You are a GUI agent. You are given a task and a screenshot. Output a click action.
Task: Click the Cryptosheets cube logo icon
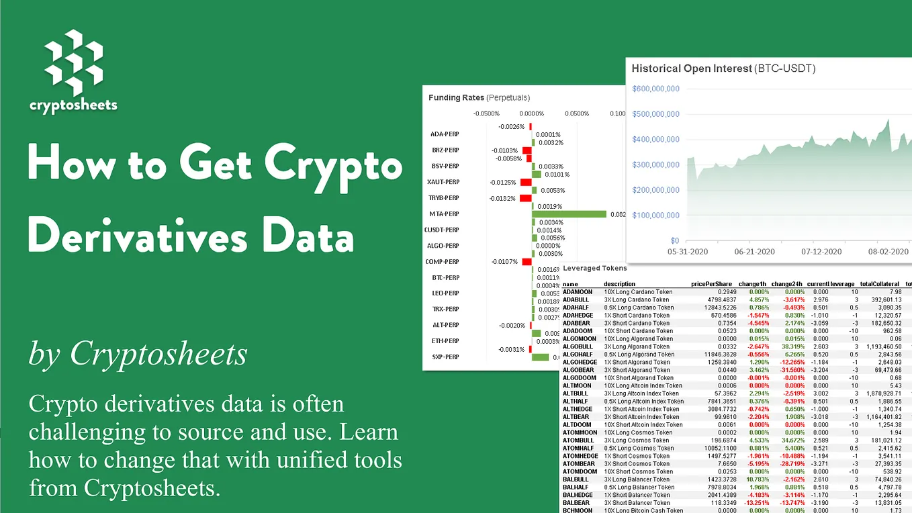pos(73,62)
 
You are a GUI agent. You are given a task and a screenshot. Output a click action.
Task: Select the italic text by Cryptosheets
pos(138,354)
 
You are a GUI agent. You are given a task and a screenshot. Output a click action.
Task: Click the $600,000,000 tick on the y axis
pos(655,89)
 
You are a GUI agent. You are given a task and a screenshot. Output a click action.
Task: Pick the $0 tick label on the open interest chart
pos(674,240)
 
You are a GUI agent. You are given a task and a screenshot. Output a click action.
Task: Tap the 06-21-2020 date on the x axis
pos(755,252)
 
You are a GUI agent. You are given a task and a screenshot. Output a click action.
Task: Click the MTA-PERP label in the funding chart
pos(444,214)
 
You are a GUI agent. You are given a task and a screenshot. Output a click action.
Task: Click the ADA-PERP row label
pos(444,134)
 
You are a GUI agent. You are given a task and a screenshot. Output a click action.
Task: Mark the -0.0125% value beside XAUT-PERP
pos(502,182)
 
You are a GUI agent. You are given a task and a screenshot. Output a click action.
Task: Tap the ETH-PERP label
pos(445,341)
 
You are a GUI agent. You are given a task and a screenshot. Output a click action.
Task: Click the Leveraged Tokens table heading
pos(590,269)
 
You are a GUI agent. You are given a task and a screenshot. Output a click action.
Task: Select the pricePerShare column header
pos(711,284)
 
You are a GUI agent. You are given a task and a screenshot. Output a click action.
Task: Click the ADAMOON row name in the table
pos(578,292)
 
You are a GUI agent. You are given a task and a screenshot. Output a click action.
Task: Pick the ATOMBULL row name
pos(578,440)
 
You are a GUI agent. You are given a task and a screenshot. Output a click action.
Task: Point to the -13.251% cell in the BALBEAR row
pos(751,503)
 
